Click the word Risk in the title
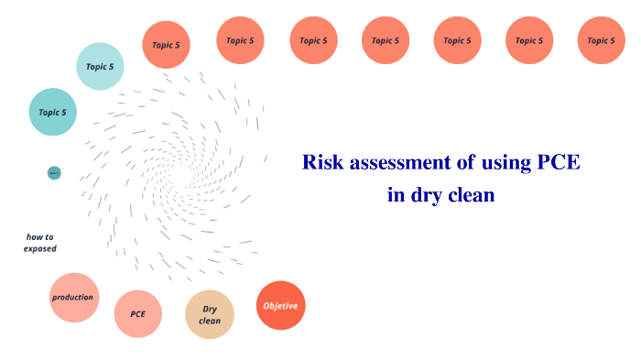pyautogui.click(x=321, y=164)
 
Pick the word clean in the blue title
pyautogui.click(x=471, y=194)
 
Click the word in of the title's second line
pyautogui.click(x=394, y=194)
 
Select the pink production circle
pyautogui.click(x=73, y=298)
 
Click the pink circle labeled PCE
pyautogui.click(x=138, y=314)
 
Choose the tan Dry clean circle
pyautogui.click(x=210, y=315)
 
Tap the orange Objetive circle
pyautogui.click(x=280, y=305)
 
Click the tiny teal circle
pyautogui.click(x=54, y=172)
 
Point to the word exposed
pyautogui.click(x=40, y=248)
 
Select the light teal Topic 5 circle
pyautogui.click(x=100, y=66)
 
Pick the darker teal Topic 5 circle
pyautogui.click(x=52, y=112)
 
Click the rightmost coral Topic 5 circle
pyautogui.click(x=601, y=40)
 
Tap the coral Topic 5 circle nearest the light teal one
pyautogui.click(x=166, y=44)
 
